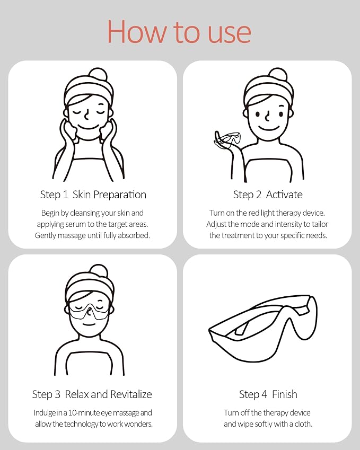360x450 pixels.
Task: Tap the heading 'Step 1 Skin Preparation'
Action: pos(93,195)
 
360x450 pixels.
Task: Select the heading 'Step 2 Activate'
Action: pos(268,195)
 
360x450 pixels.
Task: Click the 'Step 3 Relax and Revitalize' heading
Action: pos(92,394)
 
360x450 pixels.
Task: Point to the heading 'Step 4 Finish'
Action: pos(268,394)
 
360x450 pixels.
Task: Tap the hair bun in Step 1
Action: pos(98,74)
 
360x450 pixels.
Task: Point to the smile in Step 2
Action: pos(269,128)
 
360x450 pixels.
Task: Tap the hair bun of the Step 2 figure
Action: pos(278,74)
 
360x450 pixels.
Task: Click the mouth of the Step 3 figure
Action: pos(89,324)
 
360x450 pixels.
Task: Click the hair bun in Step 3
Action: pos(99,271)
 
